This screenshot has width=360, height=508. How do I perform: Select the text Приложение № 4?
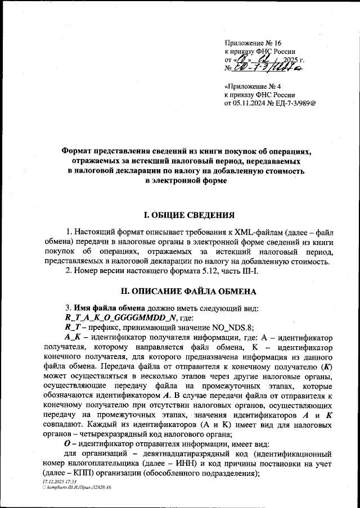[249, 87]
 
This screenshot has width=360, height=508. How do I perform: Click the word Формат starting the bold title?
[78, 151]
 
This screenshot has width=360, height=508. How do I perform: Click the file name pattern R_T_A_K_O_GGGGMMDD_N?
[113, 317]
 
